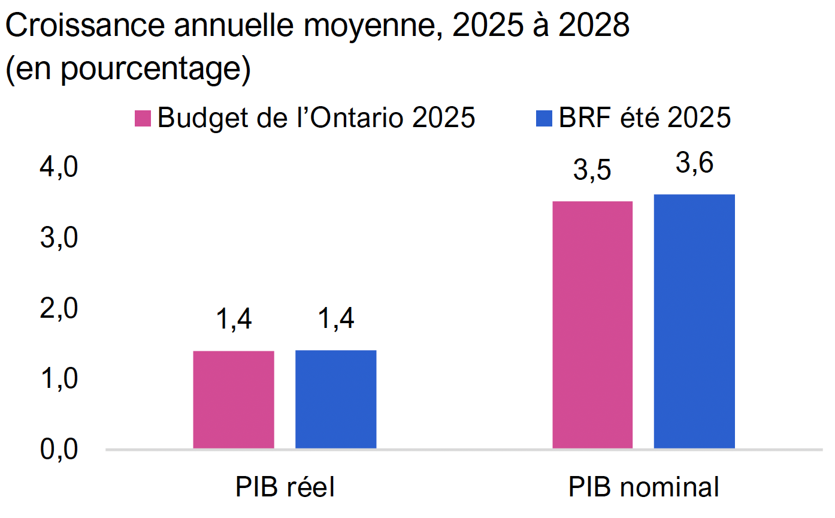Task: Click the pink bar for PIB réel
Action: (x=234, y=400)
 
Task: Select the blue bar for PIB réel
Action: (x=336, y=399)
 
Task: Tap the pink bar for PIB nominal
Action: (x=592, y=325)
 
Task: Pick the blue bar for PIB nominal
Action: (x=694, y=321)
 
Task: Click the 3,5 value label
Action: (x=592, y=170)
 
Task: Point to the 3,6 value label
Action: (x=694, y=164)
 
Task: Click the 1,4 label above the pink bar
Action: (x=234, y=320)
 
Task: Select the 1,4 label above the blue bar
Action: (x=336, y=319)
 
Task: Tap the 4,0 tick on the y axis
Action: (x=59, y=167)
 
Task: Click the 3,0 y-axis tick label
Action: (x=59, y=238)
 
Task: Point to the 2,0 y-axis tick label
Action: (x=59, y=308)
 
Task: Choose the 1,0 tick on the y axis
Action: (x=59, y=379)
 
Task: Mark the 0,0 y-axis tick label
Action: (x=59, y=449)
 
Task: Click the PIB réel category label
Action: (x=285, y=487)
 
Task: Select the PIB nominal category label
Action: (x=643, y=487)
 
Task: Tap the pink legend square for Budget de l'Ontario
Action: (x=143, y=118)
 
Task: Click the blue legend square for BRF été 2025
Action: (x=544, y=118)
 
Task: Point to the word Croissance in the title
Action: (x=85, y=25)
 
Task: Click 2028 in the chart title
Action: (x=594, y=25)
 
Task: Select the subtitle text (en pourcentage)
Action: (x=128, y=69)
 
